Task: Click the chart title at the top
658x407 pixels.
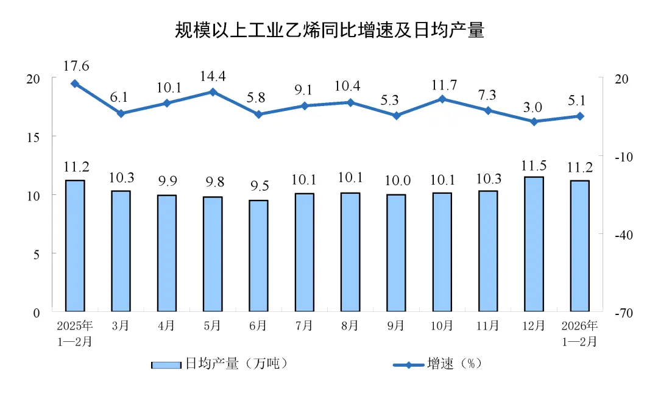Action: click(329, 30)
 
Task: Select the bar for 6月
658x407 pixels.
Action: click(258, 256)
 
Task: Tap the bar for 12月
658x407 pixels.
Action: click(534, 244)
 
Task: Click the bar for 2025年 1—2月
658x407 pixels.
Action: click(75, 246)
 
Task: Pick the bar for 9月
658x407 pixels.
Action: click(396, 253)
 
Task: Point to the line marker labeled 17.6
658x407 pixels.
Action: click(75, 83)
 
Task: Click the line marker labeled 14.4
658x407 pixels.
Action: click(213, 92)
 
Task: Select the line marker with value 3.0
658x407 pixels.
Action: click(534, 122)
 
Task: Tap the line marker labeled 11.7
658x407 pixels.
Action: click(442, 99)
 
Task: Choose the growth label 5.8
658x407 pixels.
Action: click(258, 97)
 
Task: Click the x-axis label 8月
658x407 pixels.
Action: click(350, 326)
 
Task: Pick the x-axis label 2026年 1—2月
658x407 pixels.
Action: click(580, 333)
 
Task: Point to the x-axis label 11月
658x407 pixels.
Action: click(488, 326)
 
